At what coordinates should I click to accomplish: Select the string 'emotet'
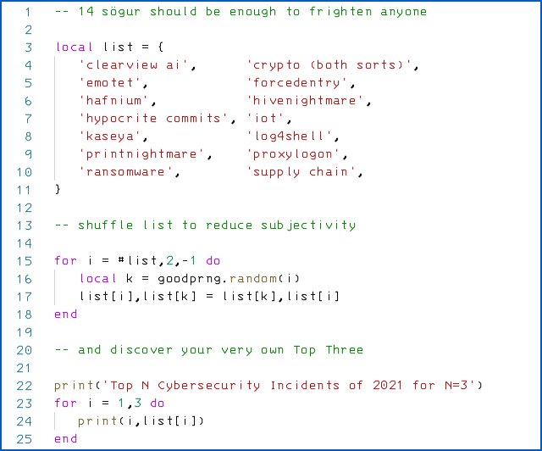click(114, 83)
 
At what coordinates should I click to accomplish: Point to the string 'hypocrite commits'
click(158, 119)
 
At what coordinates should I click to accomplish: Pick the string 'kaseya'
click(114, 136)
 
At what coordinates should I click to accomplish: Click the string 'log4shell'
click(293, 136)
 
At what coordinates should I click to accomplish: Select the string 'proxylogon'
click(297, 154)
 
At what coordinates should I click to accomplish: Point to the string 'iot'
click(269, 119)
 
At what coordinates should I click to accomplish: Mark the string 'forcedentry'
click(301, 83)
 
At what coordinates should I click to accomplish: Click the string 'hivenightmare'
click(309, 101)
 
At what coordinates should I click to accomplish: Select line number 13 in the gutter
click(25, 225)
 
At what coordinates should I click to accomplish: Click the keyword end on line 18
click(65, 315)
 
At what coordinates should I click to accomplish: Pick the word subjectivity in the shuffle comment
click(309, 225)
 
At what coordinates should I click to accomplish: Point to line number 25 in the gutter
click(25, 439)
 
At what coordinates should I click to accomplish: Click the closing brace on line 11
click(58, 190)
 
